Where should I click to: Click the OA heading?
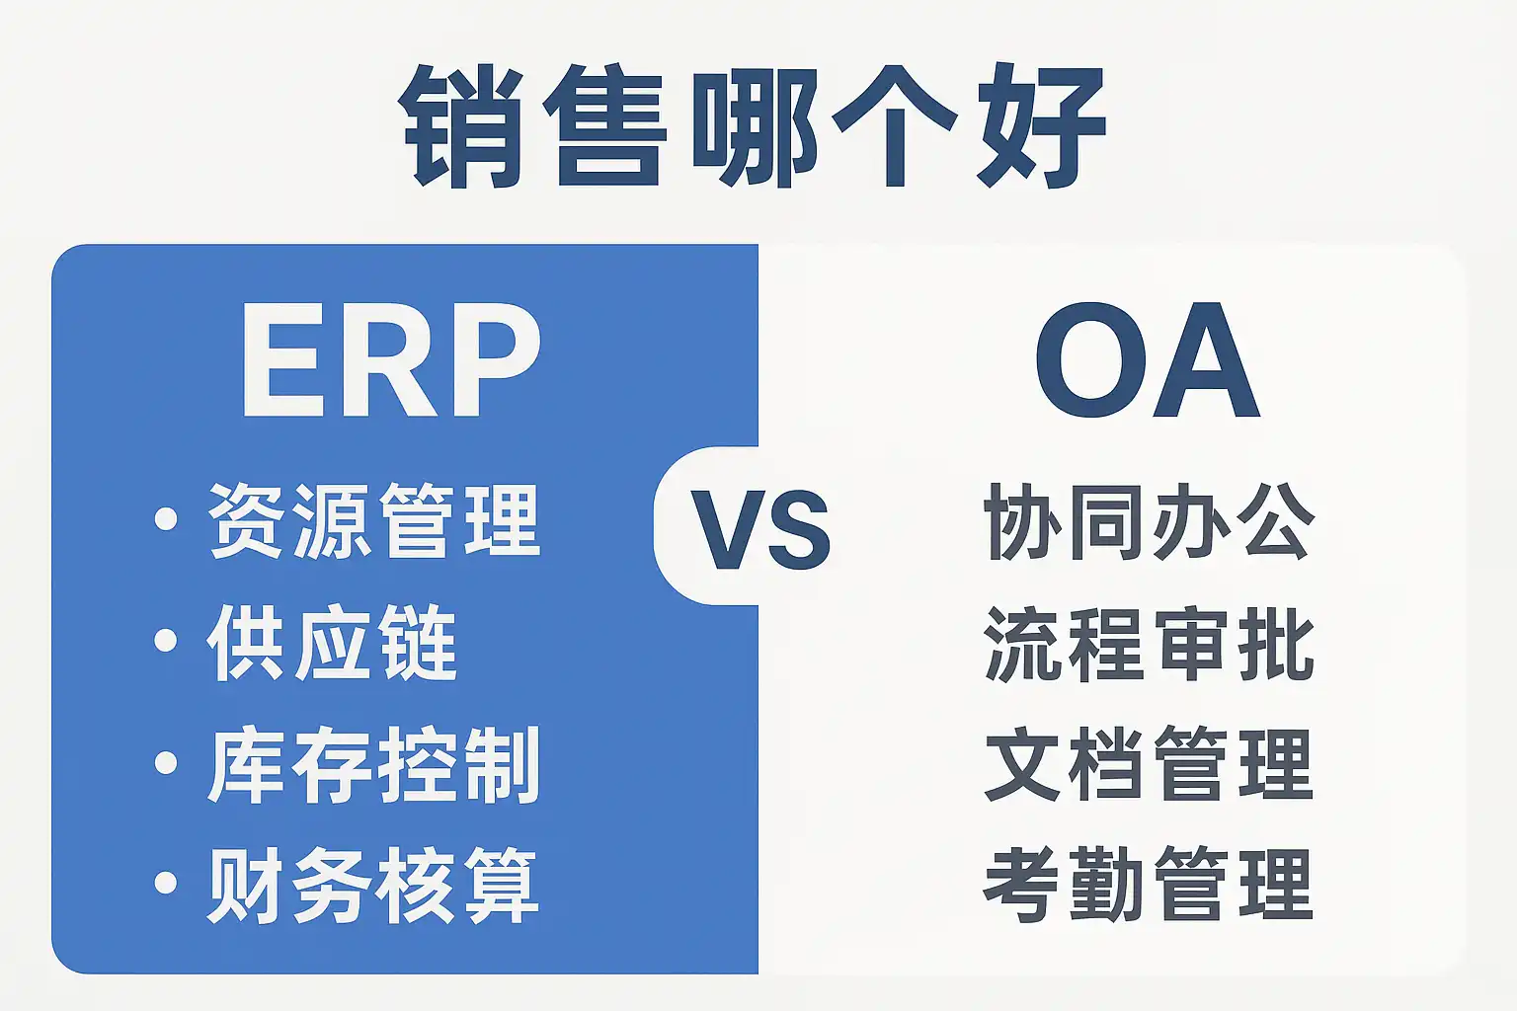point(1148,360)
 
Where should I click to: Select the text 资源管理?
point(374,520)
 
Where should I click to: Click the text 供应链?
point(332,642)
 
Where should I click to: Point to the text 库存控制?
point(374,764)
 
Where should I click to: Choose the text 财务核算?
point(372,885)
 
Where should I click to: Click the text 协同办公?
point(1150,521)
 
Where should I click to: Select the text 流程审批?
point(1150,644)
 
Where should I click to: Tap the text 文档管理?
point(1150,764)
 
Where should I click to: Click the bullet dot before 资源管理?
point(166,519)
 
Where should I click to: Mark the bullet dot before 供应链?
point(166,641)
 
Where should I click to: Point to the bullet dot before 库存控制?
point(166,762)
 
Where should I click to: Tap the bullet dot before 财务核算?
point(166,883)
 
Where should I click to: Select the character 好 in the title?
point(1041,126)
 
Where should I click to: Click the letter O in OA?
point(1090,360)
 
